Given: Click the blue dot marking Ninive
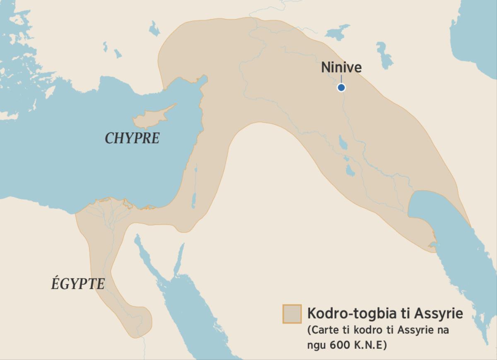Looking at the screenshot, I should point(341,87).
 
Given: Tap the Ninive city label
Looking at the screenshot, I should point(341,68).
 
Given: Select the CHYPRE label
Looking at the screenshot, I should point(132,138).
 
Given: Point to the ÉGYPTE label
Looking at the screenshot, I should point(78,284).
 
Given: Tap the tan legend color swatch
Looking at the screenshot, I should point(292,314).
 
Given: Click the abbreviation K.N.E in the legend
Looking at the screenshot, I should point(370,345).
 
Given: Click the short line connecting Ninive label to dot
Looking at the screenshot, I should point(341,79).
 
